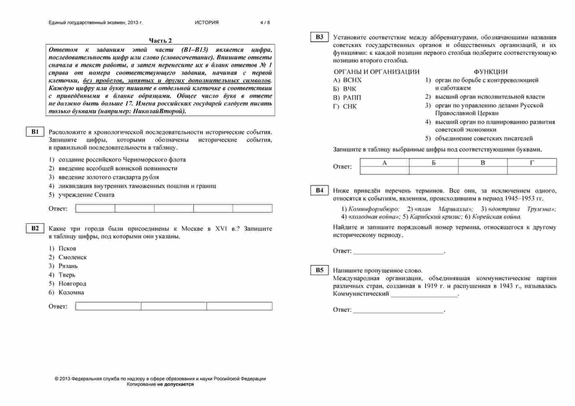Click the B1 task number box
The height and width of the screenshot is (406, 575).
tap(35, 132)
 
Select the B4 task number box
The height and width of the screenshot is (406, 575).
tap(319, 190)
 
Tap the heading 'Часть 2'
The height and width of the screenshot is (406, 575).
tap(160, 41)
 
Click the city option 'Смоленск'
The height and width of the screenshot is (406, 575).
tap(72, 258)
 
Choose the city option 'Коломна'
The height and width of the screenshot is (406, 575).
tap(71, 293)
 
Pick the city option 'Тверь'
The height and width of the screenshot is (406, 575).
tap(67, 275)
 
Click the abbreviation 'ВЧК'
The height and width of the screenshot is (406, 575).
tap(349, 89)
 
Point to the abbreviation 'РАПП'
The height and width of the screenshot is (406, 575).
tap(352, 98)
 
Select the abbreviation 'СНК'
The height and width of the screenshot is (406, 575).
tap(350, 106)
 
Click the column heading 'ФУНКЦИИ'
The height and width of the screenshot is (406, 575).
tap(490, 72)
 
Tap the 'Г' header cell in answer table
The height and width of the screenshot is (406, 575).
tap(532, 163)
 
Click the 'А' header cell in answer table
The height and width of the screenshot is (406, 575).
tap(385, 163)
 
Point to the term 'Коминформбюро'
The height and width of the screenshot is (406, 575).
tap(374, 209)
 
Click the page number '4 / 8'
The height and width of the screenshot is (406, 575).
tap(265, 23)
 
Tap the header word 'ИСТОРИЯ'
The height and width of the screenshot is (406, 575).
tap(207, 23)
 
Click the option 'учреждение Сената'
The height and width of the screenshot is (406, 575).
tap(86, 195)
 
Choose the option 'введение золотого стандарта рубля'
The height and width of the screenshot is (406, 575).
tap(109, 177)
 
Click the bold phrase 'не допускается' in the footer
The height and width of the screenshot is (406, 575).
tap(175, 384)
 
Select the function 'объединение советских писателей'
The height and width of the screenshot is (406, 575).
tap(484, 139)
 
